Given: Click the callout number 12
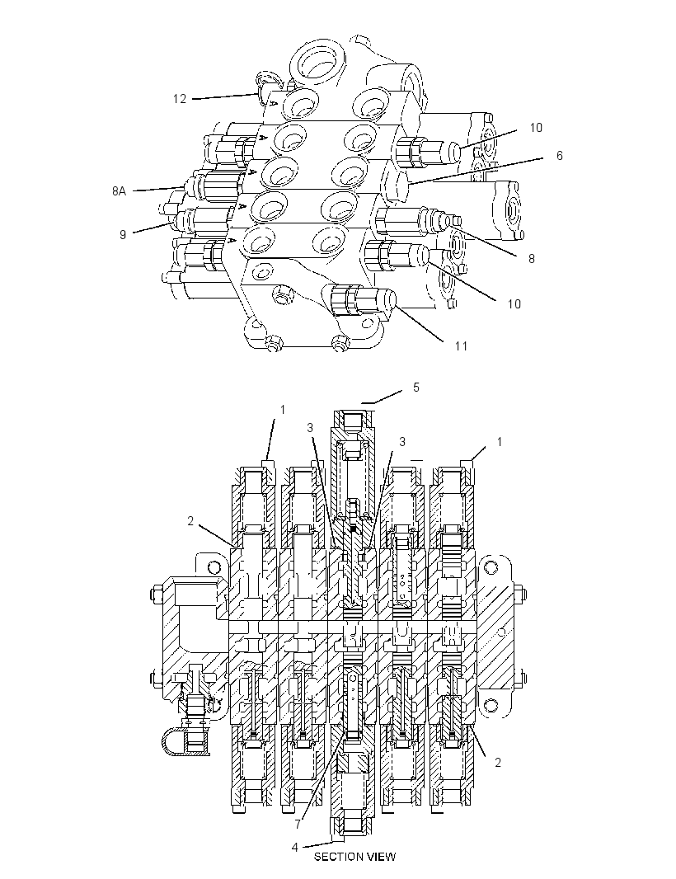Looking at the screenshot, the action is [x=180, y=99].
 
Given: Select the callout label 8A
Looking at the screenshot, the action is [x=119, y=191].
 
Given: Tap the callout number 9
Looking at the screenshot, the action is [x=123, y=234].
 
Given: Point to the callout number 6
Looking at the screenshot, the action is [x=560, y=155].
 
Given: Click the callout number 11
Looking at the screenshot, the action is [x=461, y=345].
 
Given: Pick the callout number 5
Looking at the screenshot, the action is [x=416, y=388].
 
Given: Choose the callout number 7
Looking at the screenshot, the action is [x=298, y=825].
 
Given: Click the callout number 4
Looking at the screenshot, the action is [x=295, y=847].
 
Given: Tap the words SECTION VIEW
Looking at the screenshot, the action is [x=354, y=857].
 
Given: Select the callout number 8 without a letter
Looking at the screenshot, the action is [x=532, y=258].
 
